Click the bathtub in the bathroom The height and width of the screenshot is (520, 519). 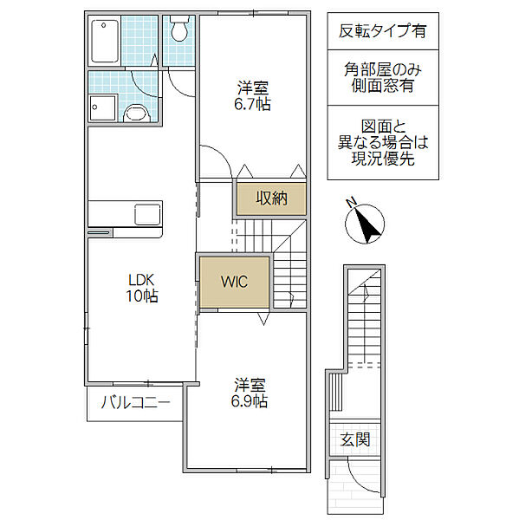tap(105, 41)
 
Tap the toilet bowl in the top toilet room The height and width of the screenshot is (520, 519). tap(179, 29)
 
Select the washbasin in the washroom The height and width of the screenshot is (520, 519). tap(102, 107)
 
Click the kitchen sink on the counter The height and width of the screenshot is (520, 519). tap(147, 214)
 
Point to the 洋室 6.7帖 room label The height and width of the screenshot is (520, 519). tap(252, 96)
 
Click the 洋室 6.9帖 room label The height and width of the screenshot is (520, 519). tap(250, 393)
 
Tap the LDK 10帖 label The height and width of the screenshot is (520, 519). tap(142, 288)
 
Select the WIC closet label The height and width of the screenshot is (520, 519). tap(234, 282)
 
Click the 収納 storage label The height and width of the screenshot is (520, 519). tap(271, 198)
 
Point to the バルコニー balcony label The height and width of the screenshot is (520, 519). tap(136, 402)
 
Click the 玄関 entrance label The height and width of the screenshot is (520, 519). tap(355, 439)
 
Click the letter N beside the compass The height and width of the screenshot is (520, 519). tap(351, 202)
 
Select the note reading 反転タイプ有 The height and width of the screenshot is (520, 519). tap(382, 31)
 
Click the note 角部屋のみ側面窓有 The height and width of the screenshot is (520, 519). tap(383, 78)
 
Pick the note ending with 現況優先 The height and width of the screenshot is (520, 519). tap(383, 143)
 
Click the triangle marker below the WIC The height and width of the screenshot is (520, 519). tap(263, 319)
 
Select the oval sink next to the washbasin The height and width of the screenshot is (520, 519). tap(137, 113)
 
